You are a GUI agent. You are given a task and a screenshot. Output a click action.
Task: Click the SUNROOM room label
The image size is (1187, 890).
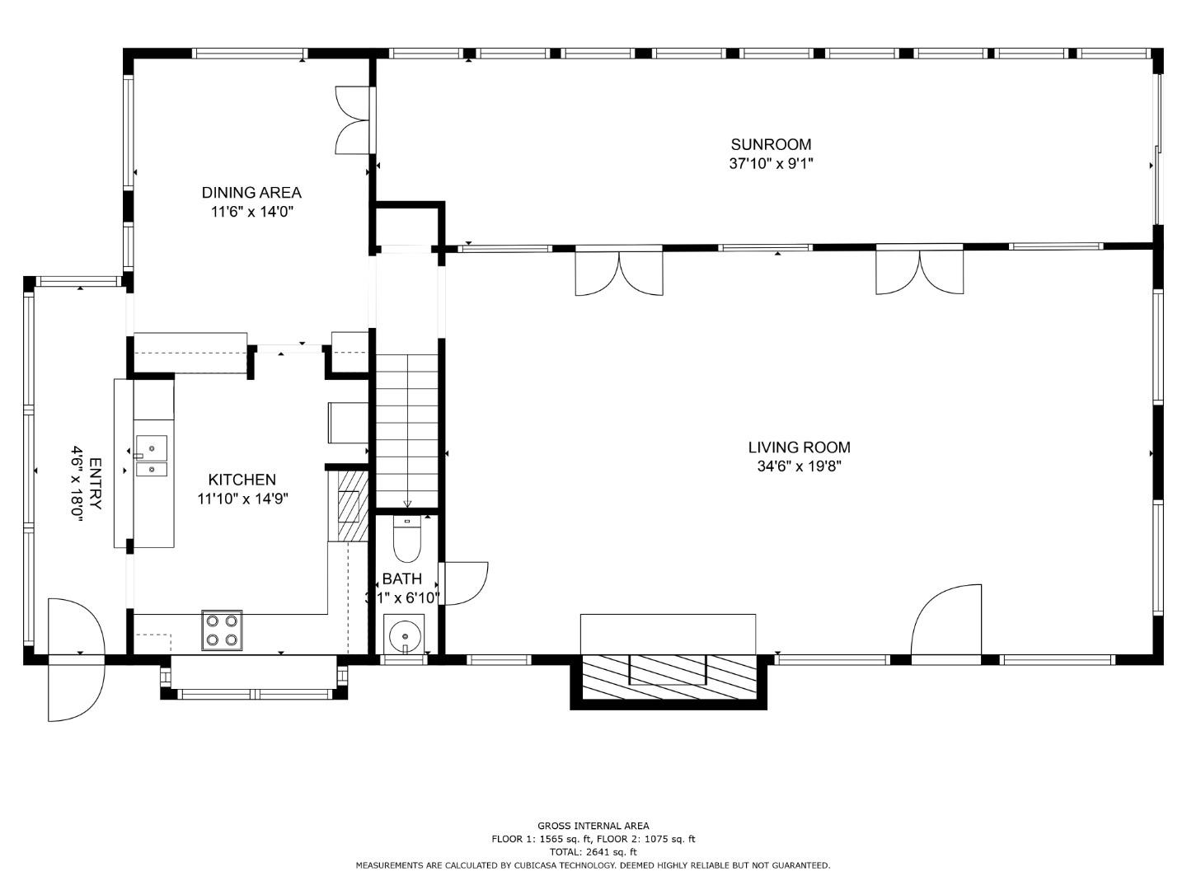point(771,144)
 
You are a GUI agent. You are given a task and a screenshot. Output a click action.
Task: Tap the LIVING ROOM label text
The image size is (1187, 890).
point(799,447)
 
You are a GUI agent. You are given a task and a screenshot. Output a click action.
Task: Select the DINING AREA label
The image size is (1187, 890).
point(251,193)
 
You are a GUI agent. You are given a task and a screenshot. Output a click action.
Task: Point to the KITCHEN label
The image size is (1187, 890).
point(242,480)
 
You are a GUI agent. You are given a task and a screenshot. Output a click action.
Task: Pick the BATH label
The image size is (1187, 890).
point(401,578)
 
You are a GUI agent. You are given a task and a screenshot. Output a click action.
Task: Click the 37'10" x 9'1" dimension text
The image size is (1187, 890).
point(771,163)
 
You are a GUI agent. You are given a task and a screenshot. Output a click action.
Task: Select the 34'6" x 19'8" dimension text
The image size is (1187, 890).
point(799,466)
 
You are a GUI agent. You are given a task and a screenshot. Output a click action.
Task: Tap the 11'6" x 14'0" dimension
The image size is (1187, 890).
point(251,212)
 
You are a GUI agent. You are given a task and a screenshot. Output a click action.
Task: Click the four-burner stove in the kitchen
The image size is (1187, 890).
point(222,630)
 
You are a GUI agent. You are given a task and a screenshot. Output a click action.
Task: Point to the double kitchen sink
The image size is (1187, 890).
point(151,457)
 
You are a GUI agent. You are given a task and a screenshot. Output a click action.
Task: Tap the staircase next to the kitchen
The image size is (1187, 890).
point(407,429)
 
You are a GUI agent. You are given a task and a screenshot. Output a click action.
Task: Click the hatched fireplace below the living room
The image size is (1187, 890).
point(669,678)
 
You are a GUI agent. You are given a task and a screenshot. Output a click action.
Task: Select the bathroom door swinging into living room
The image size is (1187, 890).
point(463,583)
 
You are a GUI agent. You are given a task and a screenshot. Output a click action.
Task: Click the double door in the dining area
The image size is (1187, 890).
point(353,120)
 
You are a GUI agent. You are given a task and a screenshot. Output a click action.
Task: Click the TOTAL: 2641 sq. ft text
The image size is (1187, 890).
point(593,851)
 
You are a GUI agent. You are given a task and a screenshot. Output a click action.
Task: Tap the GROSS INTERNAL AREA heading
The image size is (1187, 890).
point(593,825)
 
